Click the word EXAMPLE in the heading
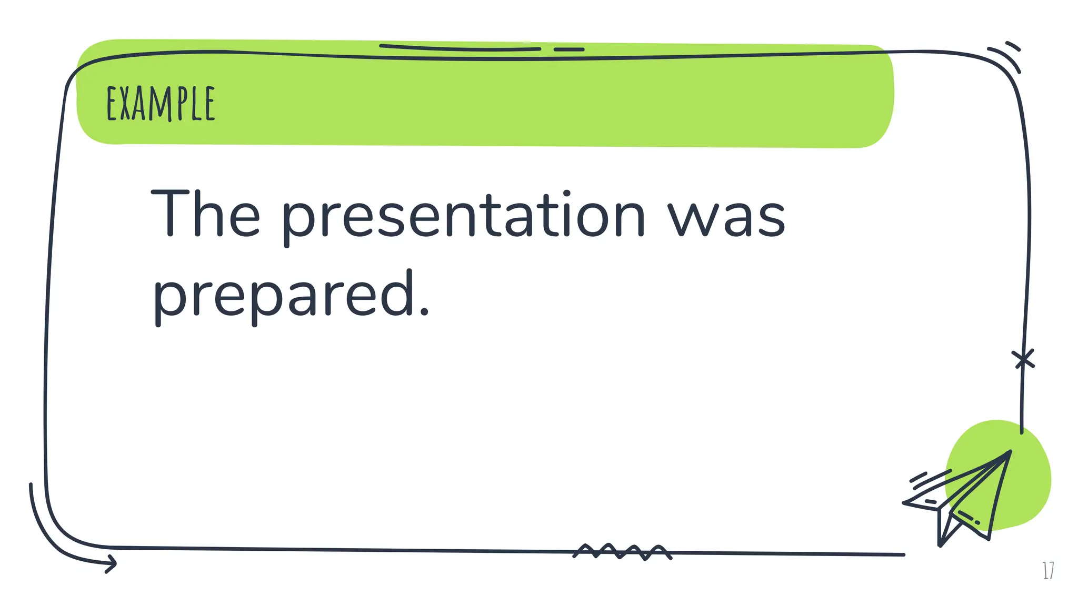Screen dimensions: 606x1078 pos(161,104)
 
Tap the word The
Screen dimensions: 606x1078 pos(205,214)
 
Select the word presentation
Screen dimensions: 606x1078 pos(463,216)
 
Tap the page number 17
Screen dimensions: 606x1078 pos(1048,570)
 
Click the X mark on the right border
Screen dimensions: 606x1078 pos(1023,360)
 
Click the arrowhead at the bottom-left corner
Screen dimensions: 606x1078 pos(111,563)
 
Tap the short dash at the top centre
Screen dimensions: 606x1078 pos(569,49)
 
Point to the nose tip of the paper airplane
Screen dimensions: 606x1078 pos(1010,452)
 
